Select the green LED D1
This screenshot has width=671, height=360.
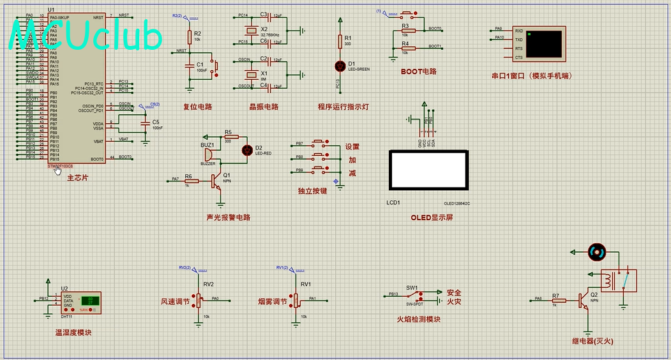(x=339, y=66)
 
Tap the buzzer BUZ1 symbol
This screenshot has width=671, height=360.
(x=209, y=154)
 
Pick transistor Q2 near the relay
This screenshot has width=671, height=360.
(x=584, y=299)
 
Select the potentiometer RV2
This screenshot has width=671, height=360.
(x=197, y=298)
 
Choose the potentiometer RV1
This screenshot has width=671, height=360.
(x=296, y=298)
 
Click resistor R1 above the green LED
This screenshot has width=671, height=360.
(x=339, y=42)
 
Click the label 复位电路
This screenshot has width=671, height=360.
(x=197, y=107)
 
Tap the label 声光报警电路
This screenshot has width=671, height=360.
(x=228, y=217)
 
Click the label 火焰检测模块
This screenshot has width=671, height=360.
(x=418, y=319)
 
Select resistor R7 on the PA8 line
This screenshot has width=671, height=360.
(x=555, y=299)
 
